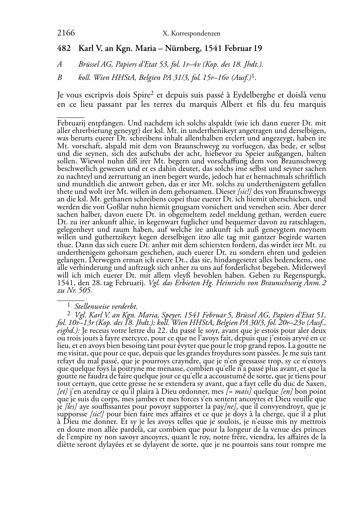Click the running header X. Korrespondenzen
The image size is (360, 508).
click(191, 34)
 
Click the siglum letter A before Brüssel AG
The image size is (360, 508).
click(60, 64)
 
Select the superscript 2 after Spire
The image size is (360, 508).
click(152, 94)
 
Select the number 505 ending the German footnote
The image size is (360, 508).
click(86, 291)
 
